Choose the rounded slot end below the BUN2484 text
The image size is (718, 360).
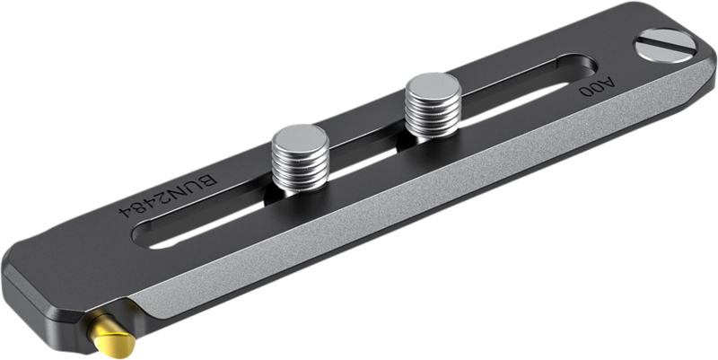click(144, 242)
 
